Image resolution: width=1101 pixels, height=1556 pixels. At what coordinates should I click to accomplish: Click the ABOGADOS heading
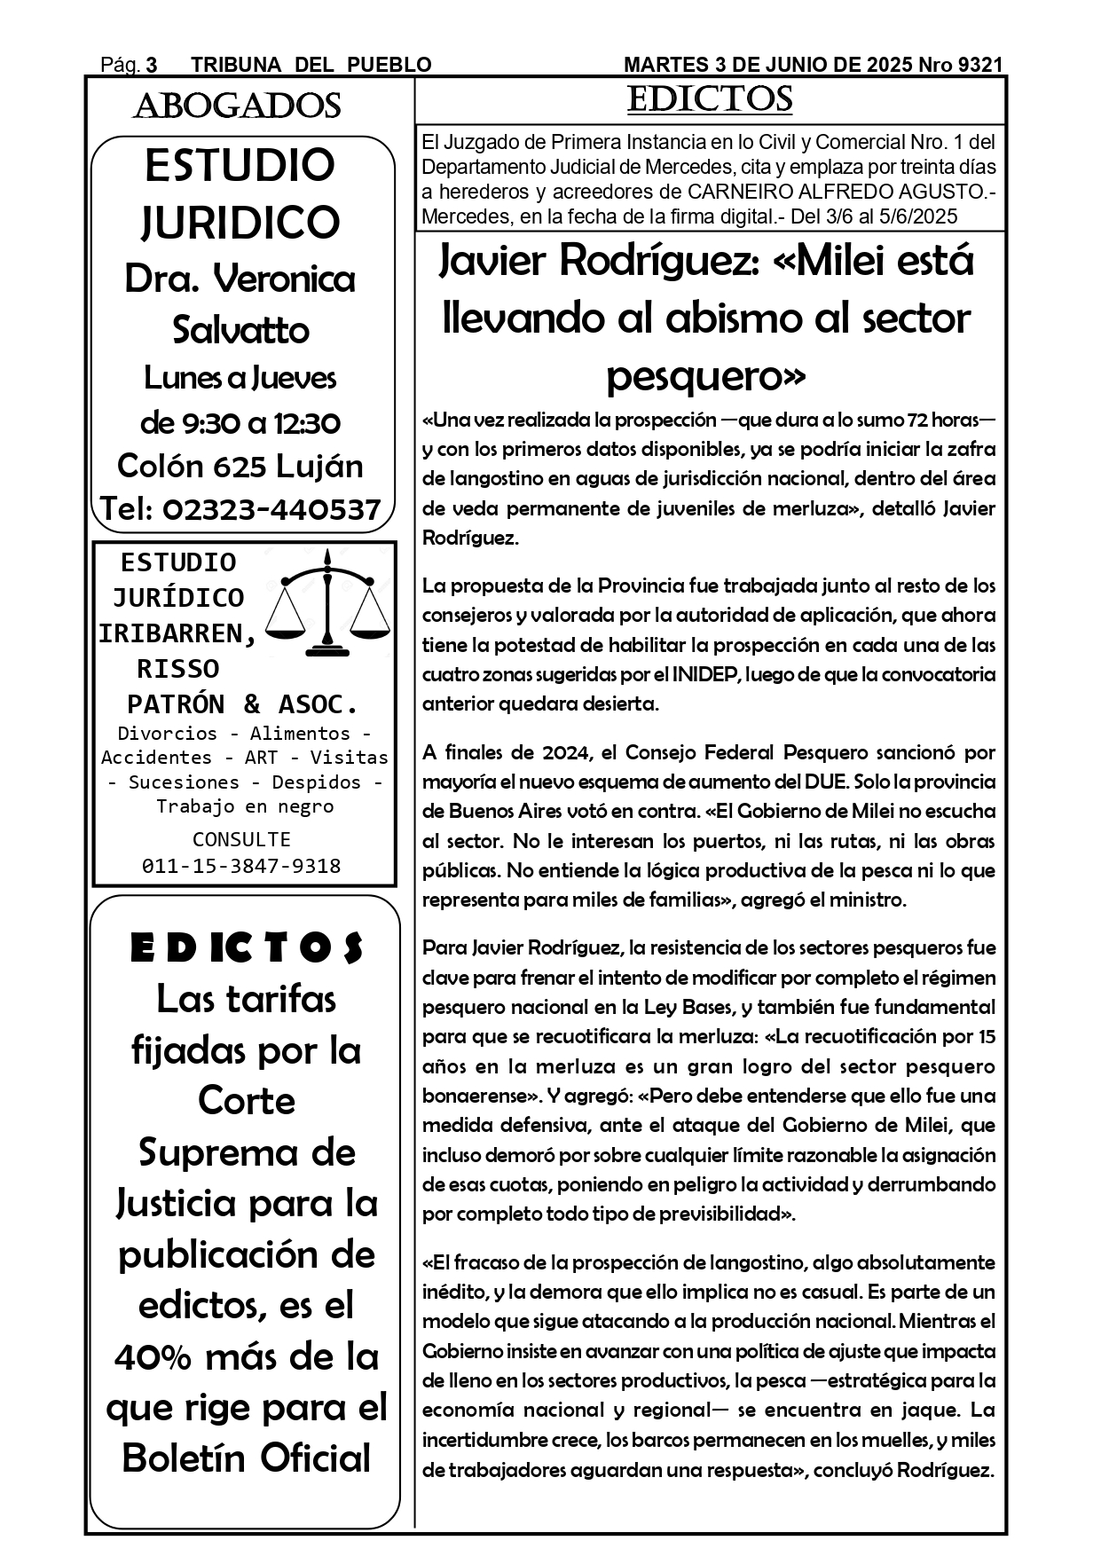[237, 106]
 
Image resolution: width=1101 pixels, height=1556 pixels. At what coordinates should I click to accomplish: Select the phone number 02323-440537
[271, 509]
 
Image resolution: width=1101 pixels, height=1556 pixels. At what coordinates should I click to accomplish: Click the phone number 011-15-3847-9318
[241, 866]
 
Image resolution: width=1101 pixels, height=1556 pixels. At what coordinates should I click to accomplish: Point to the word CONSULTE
[241, 839]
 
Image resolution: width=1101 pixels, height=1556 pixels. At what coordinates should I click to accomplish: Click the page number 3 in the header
[152, 65]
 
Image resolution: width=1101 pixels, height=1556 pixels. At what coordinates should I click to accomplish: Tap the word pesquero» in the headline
[706, 376]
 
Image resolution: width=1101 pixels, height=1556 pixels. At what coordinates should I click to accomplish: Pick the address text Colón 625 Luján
[240, 466]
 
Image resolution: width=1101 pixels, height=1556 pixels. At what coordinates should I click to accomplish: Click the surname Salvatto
[240, 330]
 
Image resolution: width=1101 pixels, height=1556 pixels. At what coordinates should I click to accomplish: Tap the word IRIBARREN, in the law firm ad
[177, 633]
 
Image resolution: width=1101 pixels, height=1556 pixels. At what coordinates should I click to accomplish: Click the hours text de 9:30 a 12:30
[240, 422]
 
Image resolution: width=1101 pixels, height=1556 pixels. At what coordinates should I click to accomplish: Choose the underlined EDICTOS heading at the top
[710, 99]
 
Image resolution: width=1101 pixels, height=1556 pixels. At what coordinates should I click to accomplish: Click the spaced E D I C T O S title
[247, 948]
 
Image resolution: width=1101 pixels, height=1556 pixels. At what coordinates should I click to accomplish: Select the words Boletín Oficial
[246, 1458]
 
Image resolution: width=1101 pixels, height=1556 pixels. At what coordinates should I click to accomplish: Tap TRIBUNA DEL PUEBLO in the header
[311, 65]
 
